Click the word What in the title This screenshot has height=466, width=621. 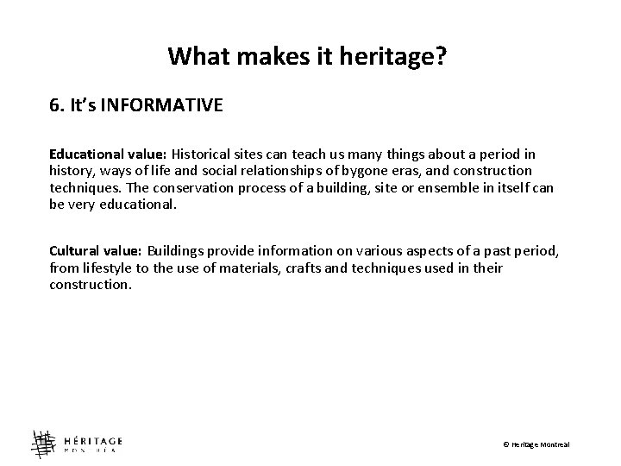[195, 57]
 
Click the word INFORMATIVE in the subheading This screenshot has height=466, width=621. [162, 106]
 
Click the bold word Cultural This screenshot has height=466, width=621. [74, 251]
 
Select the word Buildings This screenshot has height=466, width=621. [178, 251]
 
